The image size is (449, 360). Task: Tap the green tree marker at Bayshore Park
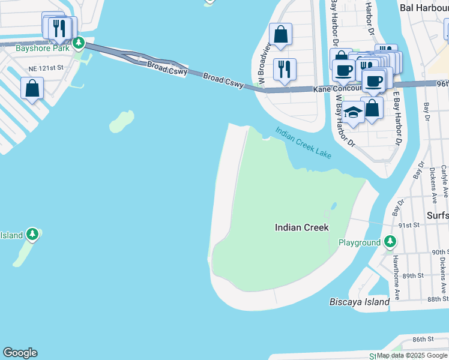[78, 43]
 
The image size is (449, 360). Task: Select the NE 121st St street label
[38, 68]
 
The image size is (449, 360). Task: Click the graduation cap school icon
[353, 112]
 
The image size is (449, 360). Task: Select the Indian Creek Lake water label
[304, 142]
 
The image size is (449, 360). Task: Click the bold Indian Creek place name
[302, 227]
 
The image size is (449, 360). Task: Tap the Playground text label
[359, 242]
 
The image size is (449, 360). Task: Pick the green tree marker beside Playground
[390, 241]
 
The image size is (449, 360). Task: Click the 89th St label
[413, 275]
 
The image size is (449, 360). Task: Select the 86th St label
[423, 339]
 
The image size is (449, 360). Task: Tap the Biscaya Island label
[360, 302]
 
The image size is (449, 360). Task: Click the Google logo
[20, 353]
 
